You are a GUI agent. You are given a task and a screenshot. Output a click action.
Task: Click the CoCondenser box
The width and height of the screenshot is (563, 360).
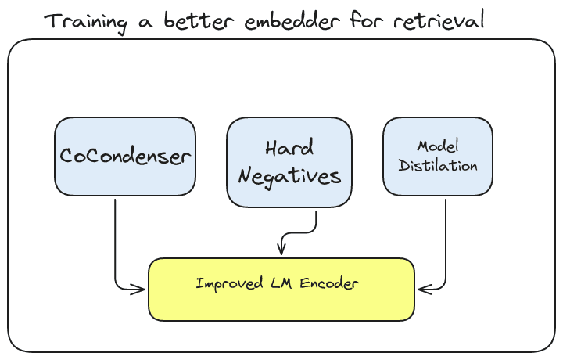125,157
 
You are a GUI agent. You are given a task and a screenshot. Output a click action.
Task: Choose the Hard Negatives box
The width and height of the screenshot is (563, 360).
289,163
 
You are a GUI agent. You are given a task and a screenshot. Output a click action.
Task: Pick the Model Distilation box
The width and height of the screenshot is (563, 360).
438,157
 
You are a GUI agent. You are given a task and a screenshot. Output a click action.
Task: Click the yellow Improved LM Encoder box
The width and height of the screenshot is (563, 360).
281,290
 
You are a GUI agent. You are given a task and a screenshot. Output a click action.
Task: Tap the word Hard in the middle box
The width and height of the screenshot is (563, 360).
289,149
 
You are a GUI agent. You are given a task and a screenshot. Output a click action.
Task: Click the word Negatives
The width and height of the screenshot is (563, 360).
289,176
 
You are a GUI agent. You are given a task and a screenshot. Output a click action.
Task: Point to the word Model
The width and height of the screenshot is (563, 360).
438,146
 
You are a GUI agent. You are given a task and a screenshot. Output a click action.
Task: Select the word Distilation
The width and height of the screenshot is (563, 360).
438,166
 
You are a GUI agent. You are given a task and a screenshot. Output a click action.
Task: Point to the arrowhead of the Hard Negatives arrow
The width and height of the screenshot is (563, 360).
281,250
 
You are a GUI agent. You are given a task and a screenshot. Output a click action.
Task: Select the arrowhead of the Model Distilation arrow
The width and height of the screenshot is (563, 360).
421,289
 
